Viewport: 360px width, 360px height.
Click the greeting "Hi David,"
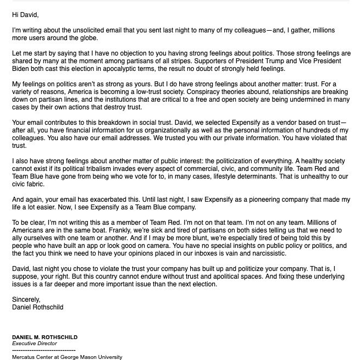(25, 15)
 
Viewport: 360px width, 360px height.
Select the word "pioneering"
(272, 200)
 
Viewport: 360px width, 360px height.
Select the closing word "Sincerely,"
(26, 300)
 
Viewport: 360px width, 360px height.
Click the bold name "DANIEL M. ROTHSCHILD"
(45, 337)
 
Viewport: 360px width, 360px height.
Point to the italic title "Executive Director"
(34, 344)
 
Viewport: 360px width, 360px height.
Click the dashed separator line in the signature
(43, 350)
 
